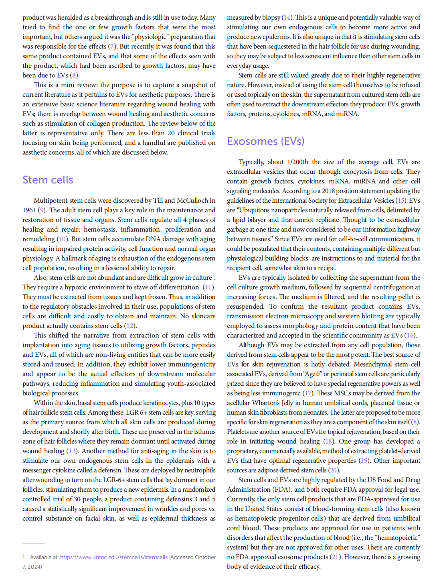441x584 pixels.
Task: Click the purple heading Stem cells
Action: [48, 180]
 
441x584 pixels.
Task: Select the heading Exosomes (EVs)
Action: [265, 141]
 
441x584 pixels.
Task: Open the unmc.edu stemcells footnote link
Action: [114, 557]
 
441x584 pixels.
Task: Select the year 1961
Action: [29, 210]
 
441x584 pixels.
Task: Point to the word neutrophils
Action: [196, 470]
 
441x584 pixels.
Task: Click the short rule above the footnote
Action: [34, 543]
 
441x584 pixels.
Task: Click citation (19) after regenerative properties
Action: [364, 461]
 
